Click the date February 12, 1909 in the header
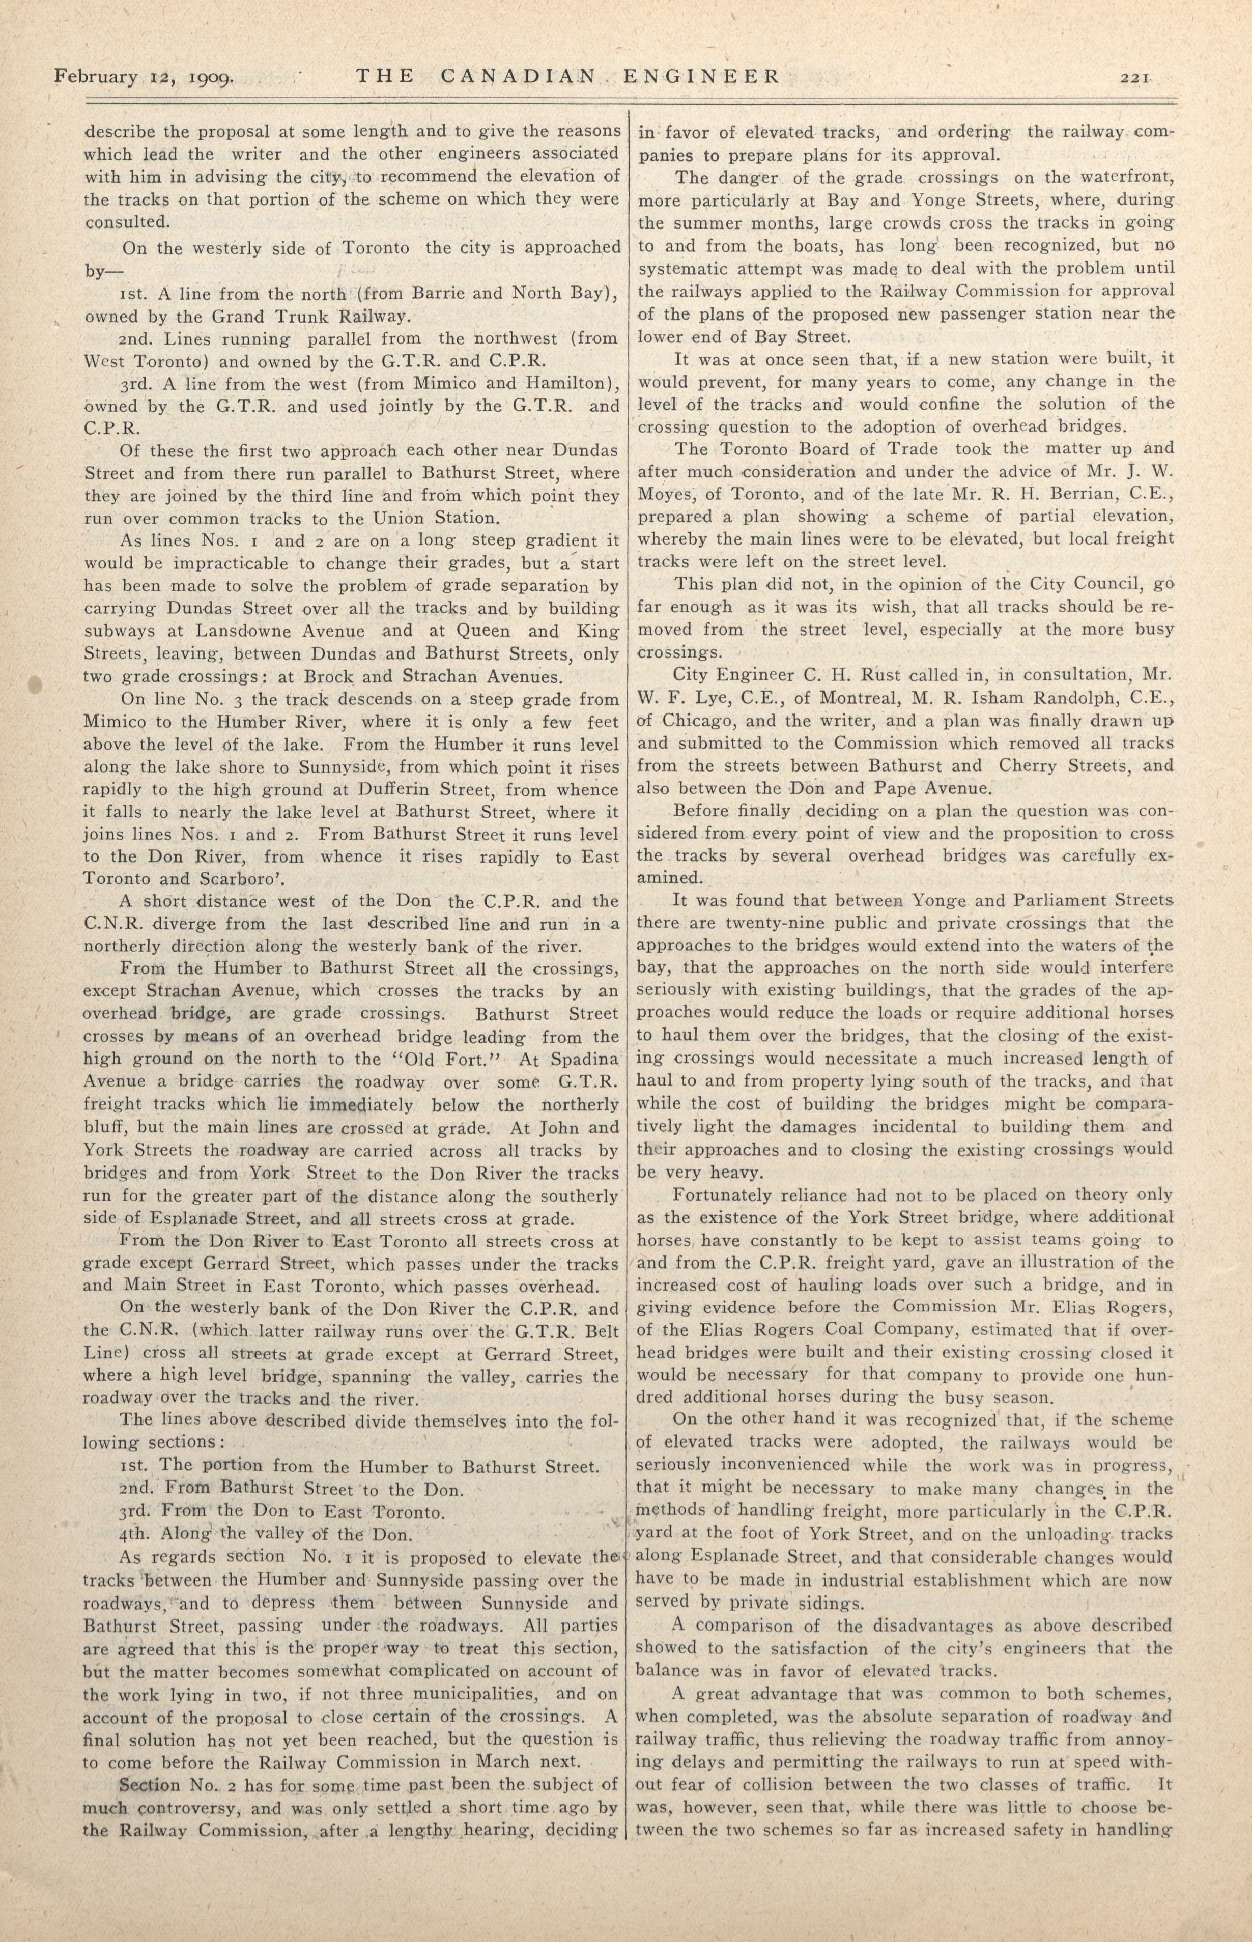click(x=145, y=77)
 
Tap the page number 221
click(x=1133, y=78)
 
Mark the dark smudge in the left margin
click(x=34, y=683)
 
